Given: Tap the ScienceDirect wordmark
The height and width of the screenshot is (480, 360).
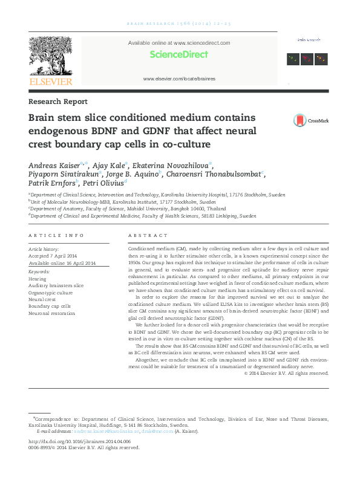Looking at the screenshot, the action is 179,54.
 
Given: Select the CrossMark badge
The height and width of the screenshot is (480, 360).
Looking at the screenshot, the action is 310,120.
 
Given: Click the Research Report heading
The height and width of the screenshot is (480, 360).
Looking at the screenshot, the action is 58,102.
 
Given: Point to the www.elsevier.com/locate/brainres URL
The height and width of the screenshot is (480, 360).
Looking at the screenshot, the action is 179,79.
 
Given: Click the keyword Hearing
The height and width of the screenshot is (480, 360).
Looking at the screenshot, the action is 38,279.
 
